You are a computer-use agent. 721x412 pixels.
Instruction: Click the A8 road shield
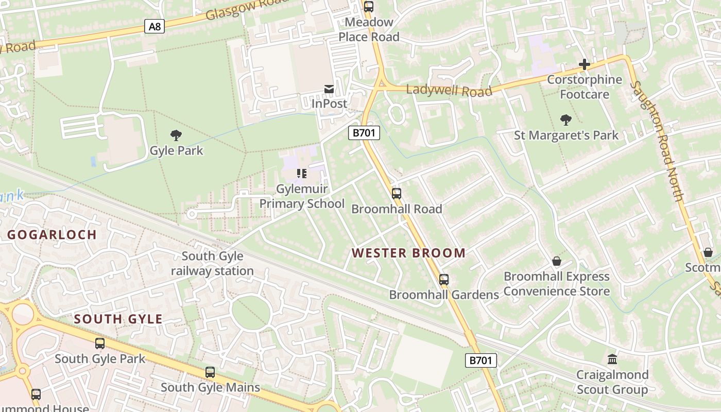click(x=154, y=26)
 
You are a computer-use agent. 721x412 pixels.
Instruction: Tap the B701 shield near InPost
click(x=364, y=133)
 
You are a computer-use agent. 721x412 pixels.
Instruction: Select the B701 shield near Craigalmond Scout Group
click(x=481, y=360)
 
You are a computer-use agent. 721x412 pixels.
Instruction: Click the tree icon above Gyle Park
click(x=176, y=135)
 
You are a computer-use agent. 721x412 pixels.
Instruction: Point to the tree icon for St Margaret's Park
click(x=566, y=120)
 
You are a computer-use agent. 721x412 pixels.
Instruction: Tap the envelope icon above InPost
click(x=329, y=89)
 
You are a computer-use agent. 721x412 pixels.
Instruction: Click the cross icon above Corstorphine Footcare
click(x=585, y=64)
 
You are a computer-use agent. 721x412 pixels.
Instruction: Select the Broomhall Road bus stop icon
click(x=396, y=194)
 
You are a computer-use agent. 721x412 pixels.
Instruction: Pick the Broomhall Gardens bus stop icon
click(x=444, y=280)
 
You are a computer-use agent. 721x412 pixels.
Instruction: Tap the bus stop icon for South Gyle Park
click(x=100, y=343)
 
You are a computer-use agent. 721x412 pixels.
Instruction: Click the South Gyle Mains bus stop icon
click(x=210, y=372)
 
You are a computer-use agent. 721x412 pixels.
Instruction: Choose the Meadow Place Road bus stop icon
click(x=368, y=7)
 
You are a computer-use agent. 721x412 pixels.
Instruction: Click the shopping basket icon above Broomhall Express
click(x=557, y=261)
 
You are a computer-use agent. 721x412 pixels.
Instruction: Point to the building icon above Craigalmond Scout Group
click(x=612, y=359)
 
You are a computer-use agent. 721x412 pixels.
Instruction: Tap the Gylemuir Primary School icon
click(x=302, y=174)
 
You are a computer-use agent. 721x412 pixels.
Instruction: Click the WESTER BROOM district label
click(x=408, y=253)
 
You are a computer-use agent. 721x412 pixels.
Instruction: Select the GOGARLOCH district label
click(x=52, y=235)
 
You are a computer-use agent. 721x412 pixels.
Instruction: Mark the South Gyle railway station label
click(x=212, y=263)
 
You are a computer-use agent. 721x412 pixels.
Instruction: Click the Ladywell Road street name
click(x=449, y=91)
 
